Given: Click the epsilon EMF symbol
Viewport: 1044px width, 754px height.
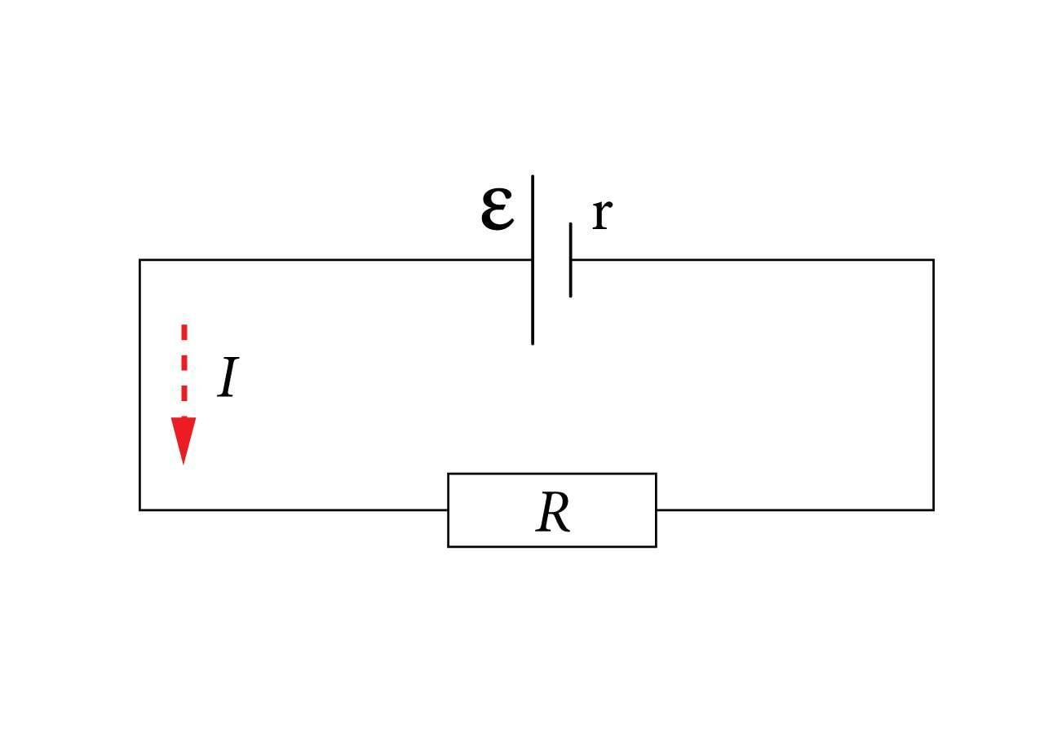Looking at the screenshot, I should (x=497, y=209).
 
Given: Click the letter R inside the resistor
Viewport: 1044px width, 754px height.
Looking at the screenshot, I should (x=552, y=513).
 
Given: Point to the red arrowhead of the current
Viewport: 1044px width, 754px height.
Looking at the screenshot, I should (x=184, y=440).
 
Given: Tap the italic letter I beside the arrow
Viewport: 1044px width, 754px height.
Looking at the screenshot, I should (x=228, y=378).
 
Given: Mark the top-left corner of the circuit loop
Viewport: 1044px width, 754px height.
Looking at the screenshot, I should (x=140, y=260).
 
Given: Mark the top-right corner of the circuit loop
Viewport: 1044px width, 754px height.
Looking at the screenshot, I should (x=933, y=260).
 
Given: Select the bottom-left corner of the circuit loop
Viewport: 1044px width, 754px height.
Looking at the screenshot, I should (x=140, y=509).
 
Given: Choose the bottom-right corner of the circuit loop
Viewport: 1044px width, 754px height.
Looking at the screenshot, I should (x=933, y=509).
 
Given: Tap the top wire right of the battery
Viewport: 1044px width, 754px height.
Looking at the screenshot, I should (x=750, y=260).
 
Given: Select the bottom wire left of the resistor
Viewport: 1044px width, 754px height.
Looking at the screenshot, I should (x=294, y=509).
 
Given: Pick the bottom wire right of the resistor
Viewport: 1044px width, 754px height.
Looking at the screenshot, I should (x=795, y=509).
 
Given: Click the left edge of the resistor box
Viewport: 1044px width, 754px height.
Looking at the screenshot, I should (x=448, y=509).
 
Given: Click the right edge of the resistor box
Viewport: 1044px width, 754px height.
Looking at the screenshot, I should (x=656, y=509).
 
